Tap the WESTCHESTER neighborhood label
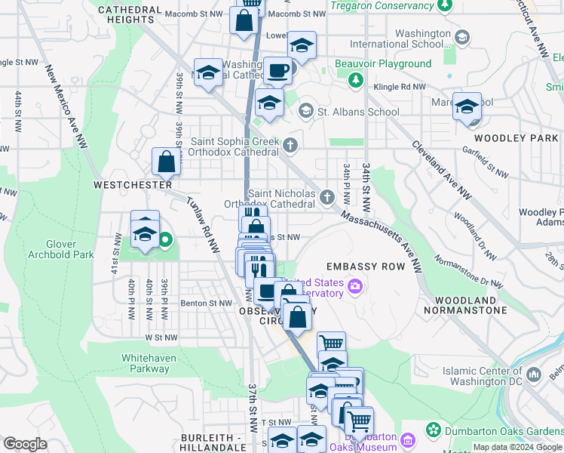pos(133,184)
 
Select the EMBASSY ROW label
pos(366,267)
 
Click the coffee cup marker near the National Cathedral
pos(277,71)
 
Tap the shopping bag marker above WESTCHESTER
pos(166,161)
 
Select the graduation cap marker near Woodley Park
pos(467,106)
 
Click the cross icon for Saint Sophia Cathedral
pos(289,143)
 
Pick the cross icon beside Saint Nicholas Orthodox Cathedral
pos(326,197)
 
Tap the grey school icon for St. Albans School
pos(305,112)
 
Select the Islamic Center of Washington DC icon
pos(534,374)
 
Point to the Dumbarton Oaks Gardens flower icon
pos(433,430)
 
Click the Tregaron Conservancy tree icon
pos(445,5)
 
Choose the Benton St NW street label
pos(206,304)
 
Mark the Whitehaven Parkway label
pos(146,363)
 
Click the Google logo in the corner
pos(25,444)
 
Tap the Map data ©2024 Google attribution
pos(516,447)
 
